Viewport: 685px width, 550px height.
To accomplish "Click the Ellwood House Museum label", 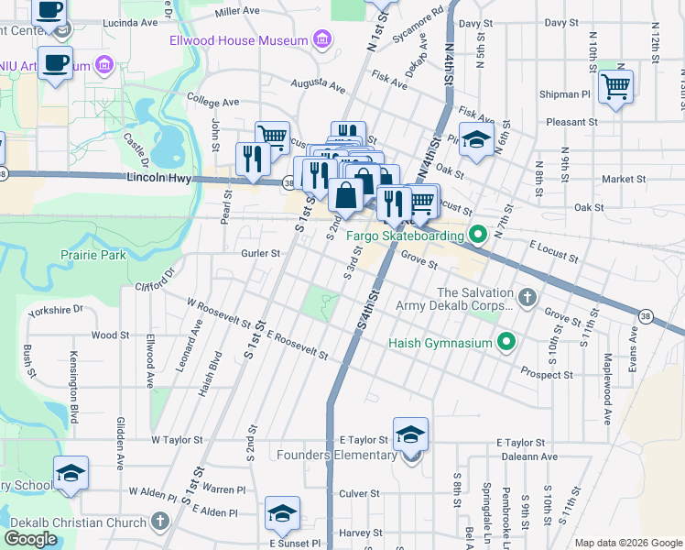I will (x=238, y=40).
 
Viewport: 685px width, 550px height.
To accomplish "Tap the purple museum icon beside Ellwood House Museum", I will (x=321, y=39).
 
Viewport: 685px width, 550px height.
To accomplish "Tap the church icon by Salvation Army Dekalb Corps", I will (x=526, y=297).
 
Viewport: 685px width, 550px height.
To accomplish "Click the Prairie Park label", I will (x=92, y=255).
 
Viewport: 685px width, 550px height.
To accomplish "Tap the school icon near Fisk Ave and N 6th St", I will (x=475, y=139).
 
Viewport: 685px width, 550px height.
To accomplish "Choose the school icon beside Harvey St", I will (x=282, y=513).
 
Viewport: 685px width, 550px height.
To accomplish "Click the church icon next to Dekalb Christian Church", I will (x=160, y=522).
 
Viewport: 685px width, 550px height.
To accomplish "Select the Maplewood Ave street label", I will (x=606, y=396).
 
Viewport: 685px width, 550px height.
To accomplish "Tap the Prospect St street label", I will (x=547, y=374).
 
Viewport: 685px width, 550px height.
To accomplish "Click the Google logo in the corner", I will (x=31, y=539).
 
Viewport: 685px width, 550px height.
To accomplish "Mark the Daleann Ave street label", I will (x=527, y=456).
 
